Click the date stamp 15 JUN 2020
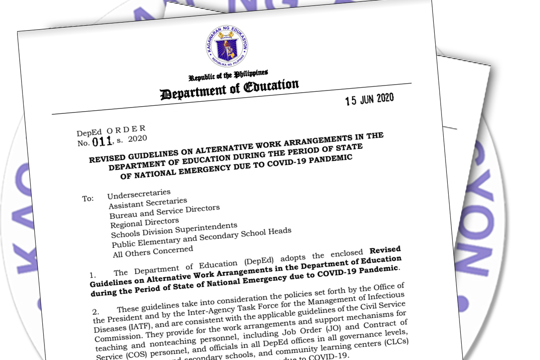[x=369, y=99]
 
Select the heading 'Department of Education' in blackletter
[x=229, y=89]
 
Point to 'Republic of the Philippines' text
[x=228, y=75]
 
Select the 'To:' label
[x=88, y=198]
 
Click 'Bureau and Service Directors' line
[x=165, y=212]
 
